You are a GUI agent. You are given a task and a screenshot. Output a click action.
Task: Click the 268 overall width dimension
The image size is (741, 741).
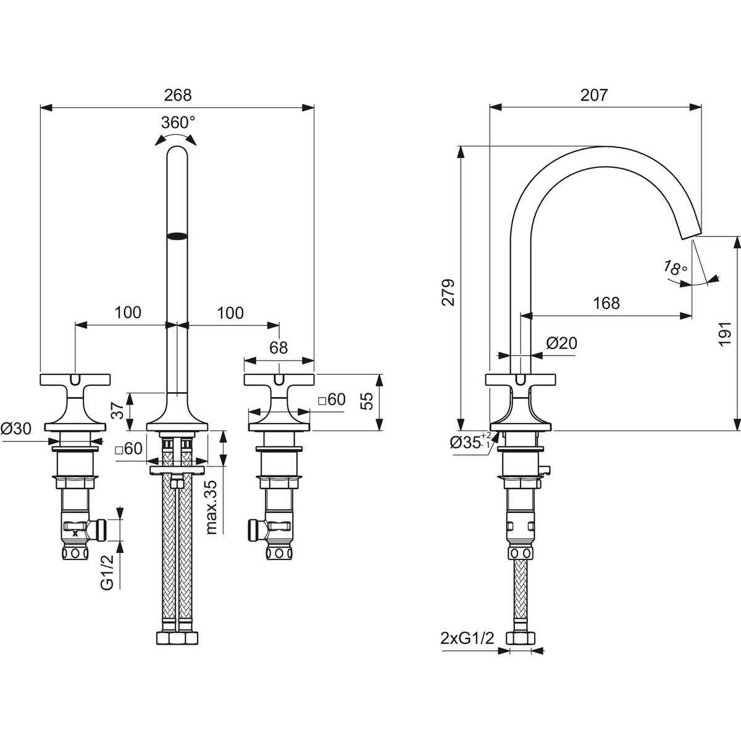tap(177, 95)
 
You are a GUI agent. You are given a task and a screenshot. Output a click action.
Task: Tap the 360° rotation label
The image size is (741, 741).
tap(178, 123)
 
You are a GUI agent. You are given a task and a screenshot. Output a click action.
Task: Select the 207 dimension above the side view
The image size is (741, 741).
tap(594, 95)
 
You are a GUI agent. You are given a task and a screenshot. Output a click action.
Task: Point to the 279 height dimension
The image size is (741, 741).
tap(448, 292)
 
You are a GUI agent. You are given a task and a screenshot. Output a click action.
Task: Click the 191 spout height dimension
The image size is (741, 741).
tap(725, 333)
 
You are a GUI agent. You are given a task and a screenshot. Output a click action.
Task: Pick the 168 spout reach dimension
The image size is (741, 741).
tap(606, 303)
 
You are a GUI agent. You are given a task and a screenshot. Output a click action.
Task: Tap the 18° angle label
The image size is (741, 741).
tap(676, 268)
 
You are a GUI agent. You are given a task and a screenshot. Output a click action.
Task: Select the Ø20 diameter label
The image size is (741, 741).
tap(561, 343)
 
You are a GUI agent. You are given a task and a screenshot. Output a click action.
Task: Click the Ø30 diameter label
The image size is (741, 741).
tap(16, 429)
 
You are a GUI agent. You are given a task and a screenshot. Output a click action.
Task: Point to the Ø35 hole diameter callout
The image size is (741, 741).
tap(471, 443)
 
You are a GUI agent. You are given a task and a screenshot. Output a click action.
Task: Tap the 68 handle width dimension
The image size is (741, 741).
tap(278, 348)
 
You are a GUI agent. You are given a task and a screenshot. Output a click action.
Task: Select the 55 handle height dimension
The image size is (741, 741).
tap(368, 401)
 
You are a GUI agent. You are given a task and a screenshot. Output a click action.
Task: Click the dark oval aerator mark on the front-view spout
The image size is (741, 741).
tap(178, 236)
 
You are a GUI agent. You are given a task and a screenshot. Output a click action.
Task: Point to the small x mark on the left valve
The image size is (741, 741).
tap(75, 534)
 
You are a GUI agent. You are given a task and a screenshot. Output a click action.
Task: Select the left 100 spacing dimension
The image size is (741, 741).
tap(128, 312)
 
